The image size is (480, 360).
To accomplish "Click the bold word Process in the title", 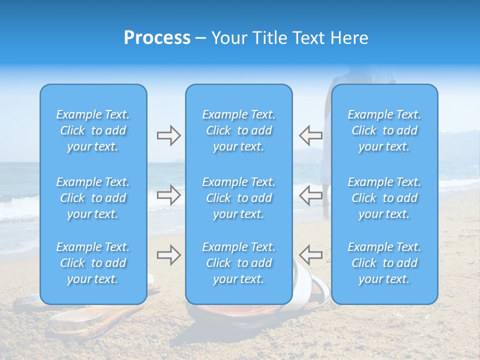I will click(x=157, y=38).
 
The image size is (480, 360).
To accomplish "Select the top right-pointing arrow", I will click(x=168, y=135).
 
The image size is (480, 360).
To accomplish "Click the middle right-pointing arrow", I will click(x=168, y=195).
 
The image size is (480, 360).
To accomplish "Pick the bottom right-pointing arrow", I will click(x=168, y=255).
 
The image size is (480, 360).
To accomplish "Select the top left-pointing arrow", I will click(x=310, y=135).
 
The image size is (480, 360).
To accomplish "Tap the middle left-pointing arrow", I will click(x=310, y=195).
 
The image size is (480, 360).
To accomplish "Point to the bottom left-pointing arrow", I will click(x=310, y=255).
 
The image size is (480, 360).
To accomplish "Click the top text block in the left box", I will click(x=93, y=130).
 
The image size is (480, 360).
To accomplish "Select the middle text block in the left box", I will click(x=93, y=198).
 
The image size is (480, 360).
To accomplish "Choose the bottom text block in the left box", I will click(x=93, y=263).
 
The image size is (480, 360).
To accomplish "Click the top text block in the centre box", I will click(x=238, y=130).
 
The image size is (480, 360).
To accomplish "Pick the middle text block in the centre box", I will click(x=238, y=198).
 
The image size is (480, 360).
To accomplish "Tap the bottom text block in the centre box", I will click(x=238, y=263).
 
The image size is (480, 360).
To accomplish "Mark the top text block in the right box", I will click(x=384, y=130).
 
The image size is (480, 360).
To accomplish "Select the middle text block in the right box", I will click(x=384, y=198).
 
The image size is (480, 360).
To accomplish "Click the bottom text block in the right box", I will click(x=384, y=263).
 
